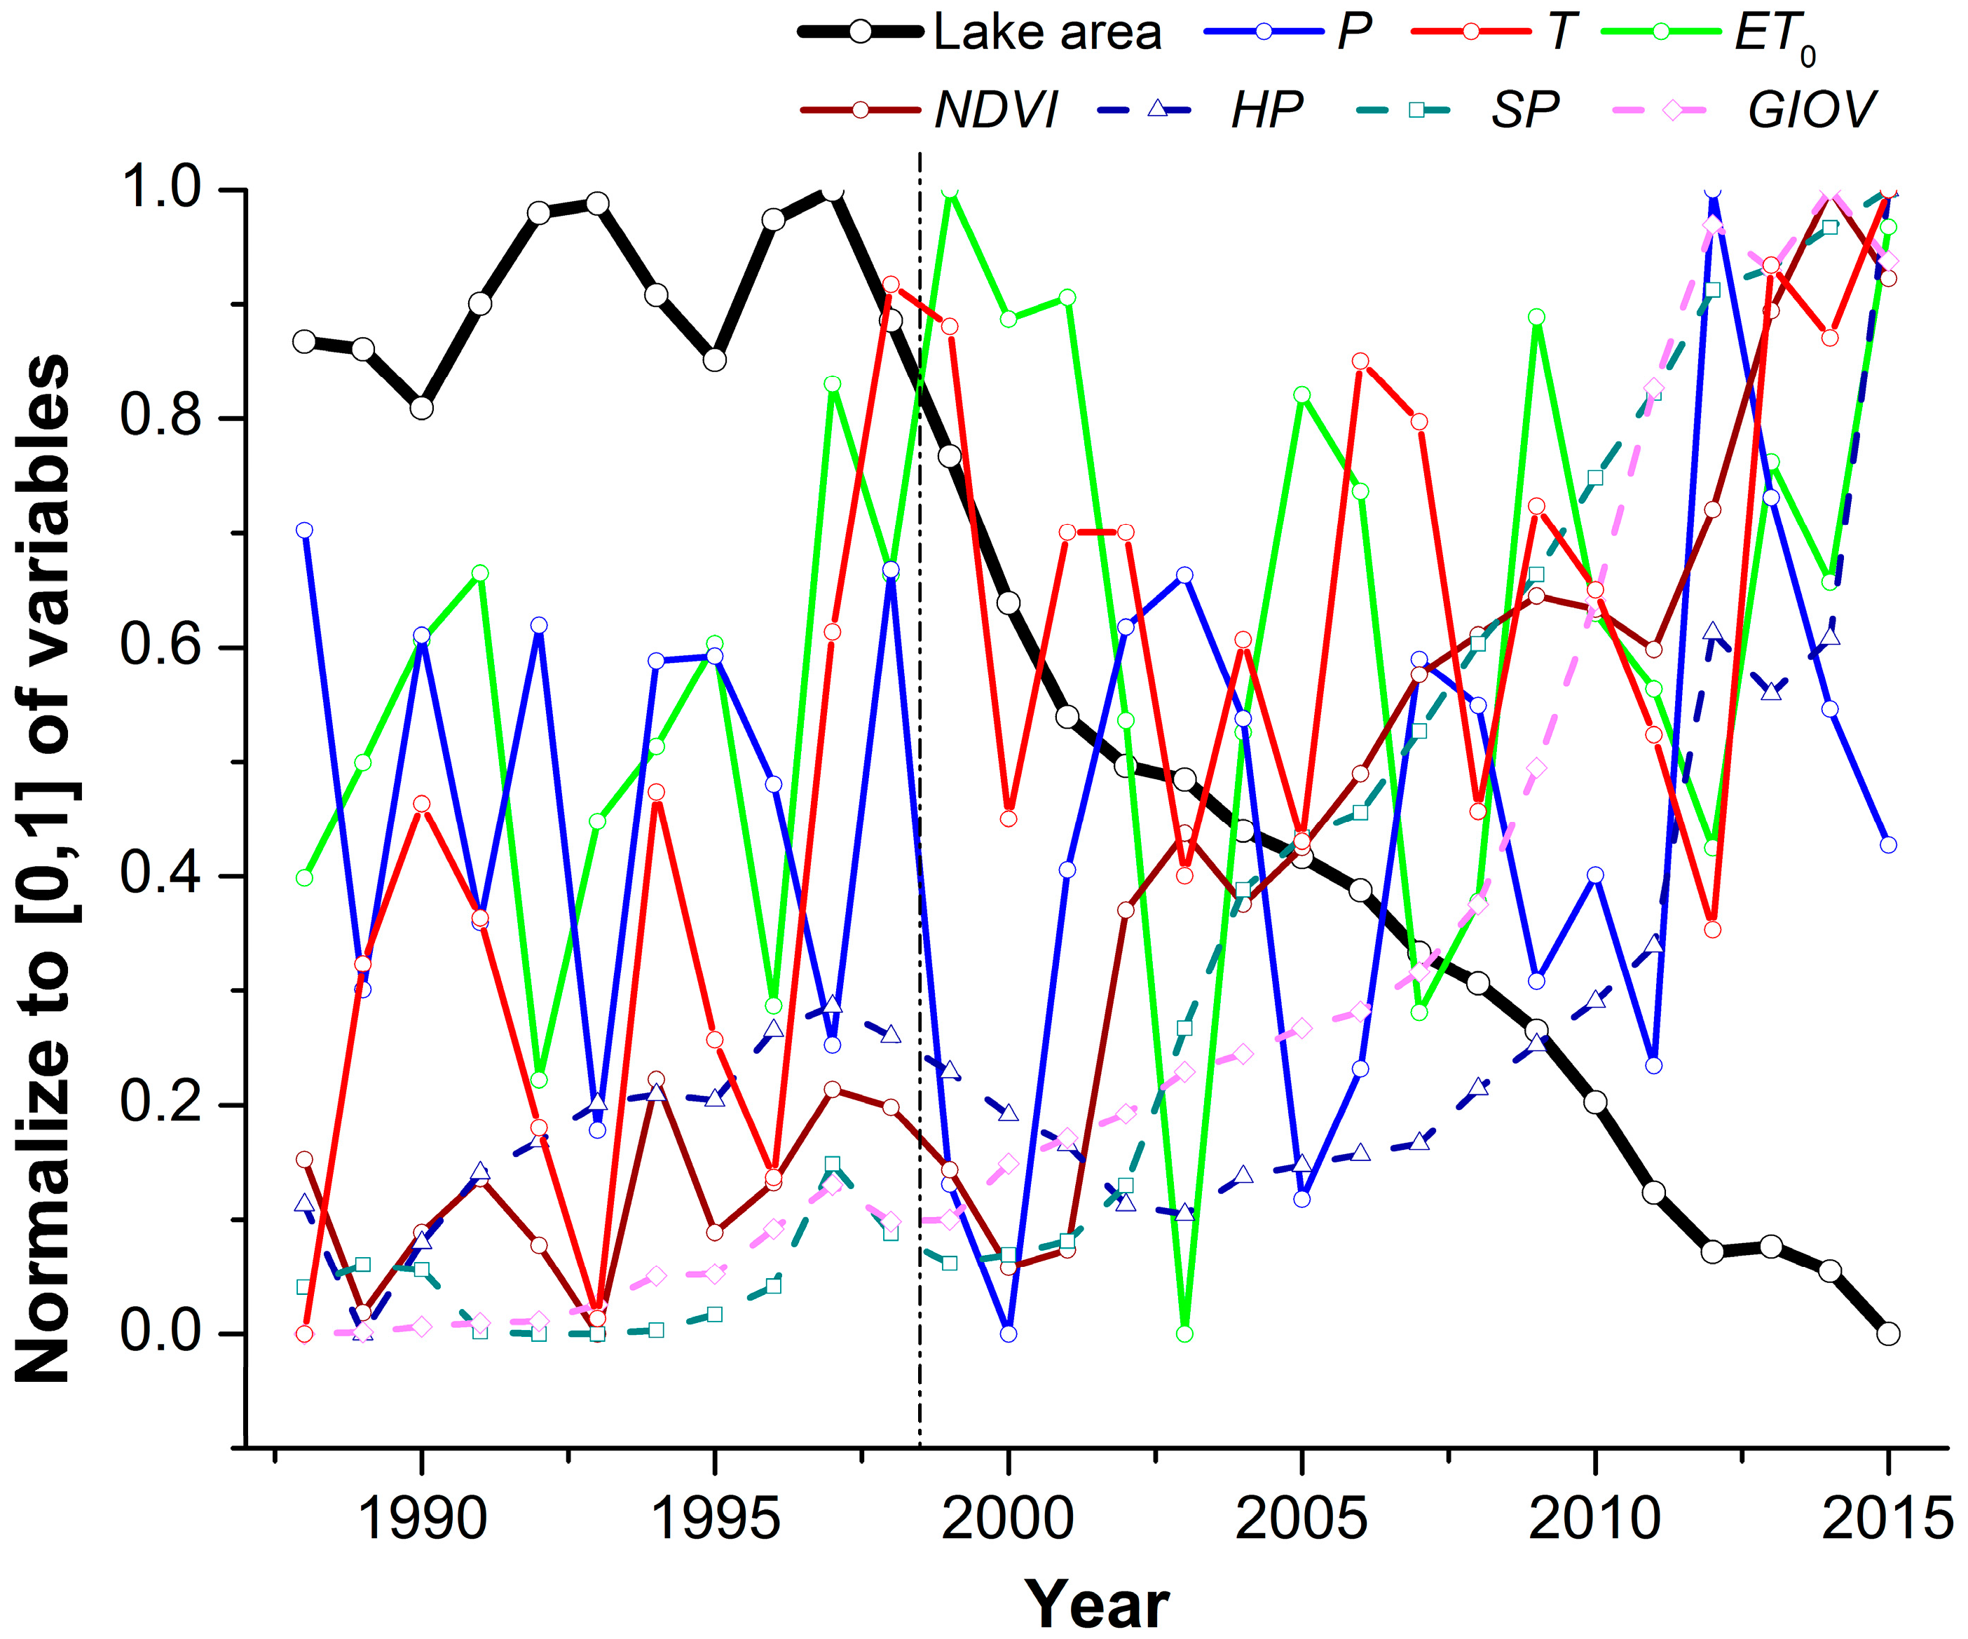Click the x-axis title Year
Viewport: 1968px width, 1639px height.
(x=1095, y=1605)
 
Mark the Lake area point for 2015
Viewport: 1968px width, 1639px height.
(x=1888, y=1333)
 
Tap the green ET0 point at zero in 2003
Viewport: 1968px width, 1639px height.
(x=1184, y=1333)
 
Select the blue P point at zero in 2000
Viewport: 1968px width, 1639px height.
(x=1009, y=1333)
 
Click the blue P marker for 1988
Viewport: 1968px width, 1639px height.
(x=303, y=530)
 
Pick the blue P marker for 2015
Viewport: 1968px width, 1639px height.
(x=1888, y=844)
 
